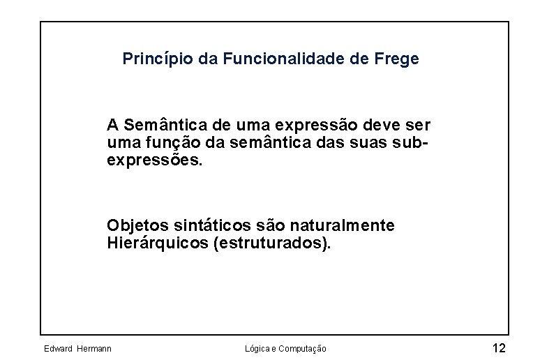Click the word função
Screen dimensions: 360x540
[163, 143]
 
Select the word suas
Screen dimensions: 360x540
[371, 143]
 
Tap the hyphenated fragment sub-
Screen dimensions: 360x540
[411, 143]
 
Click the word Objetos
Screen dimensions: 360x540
[133, 226]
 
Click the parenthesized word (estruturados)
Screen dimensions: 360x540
[271, 243]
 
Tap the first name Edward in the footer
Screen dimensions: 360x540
[58, 348]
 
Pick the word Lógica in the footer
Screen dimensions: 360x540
[258, 348]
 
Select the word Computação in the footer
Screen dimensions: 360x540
[301, 348]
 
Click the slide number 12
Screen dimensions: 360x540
[499, 347]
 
